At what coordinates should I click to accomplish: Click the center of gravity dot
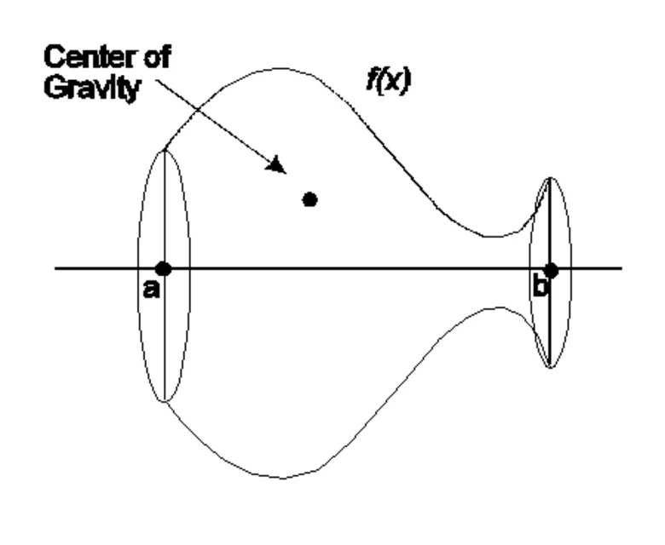[310, 199]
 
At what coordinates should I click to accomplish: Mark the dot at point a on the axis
[163, 269]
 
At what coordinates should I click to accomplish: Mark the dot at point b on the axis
[551, 270]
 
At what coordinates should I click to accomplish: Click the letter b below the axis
[540, 288]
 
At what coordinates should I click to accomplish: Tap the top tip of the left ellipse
[164, 150]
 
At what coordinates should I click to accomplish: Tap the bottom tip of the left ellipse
[164, 401]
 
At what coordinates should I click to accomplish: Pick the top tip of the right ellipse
[551, 178]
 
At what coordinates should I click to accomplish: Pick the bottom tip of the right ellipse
[551, 368]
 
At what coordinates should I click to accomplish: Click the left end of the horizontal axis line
[56, 269]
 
